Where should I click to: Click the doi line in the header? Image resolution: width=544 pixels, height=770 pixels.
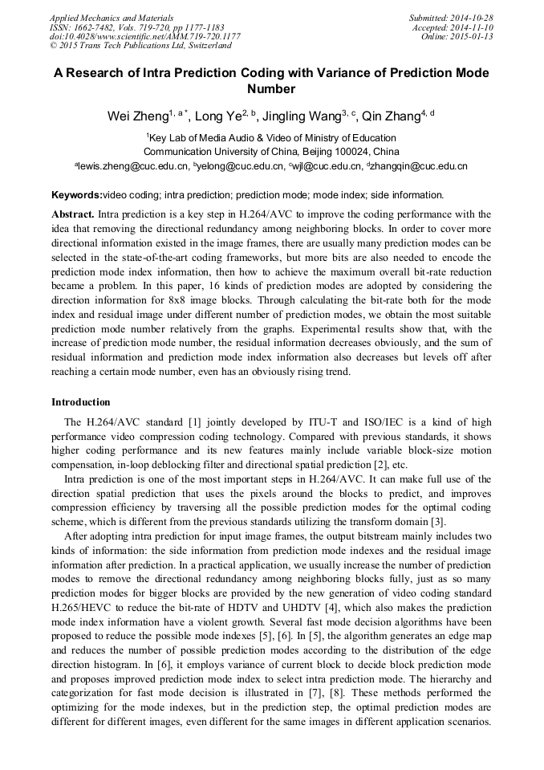coord(144,36)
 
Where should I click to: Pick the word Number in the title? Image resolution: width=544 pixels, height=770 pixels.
coord(271,89)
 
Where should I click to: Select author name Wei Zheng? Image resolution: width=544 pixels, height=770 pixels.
coord(137,117)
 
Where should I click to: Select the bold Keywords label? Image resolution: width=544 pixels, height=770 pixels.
coord(77,195)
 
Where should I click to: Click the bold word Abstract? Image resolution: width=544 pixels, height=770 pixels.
coord(73,214)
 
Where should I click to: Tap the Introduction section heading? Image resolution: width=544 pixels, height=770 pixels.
coord(81,402)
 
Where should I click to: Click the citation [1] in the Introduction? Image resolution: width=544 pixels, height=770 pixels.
coord(217,422)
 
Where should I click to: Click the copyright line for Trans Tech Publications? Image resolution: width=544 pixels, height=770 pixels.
coord(140,46)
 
